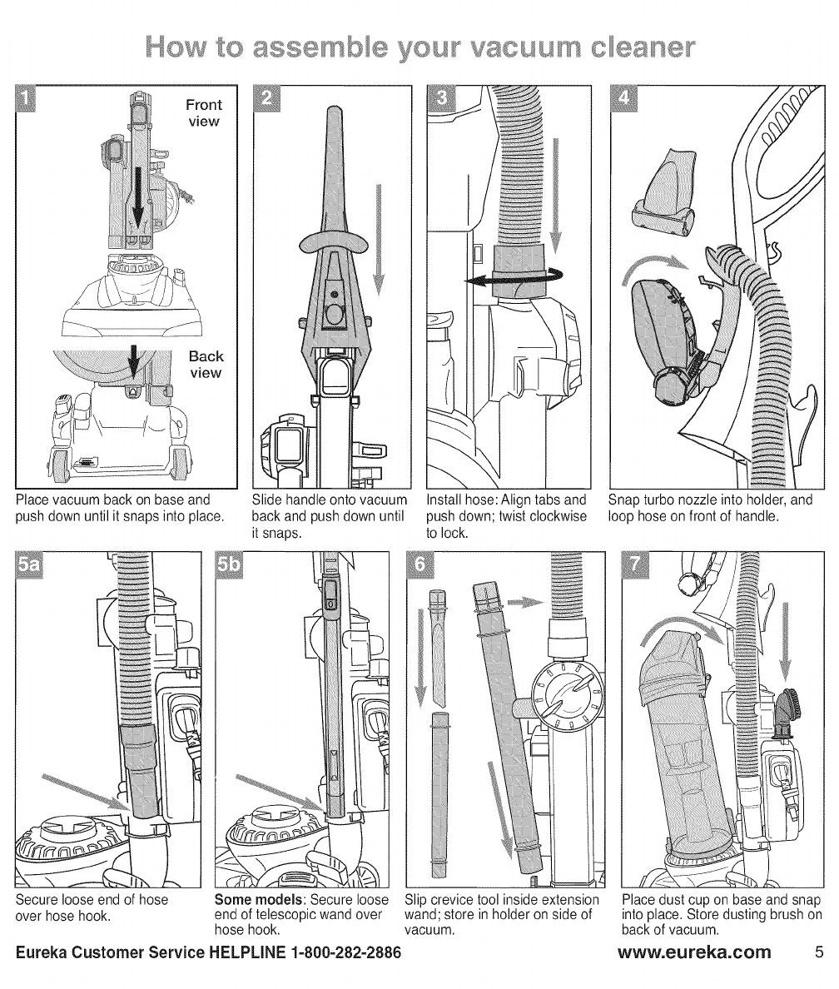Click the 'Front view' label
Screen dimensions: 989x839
204,112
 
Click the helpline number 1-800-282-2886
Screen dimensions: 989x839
333,952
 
